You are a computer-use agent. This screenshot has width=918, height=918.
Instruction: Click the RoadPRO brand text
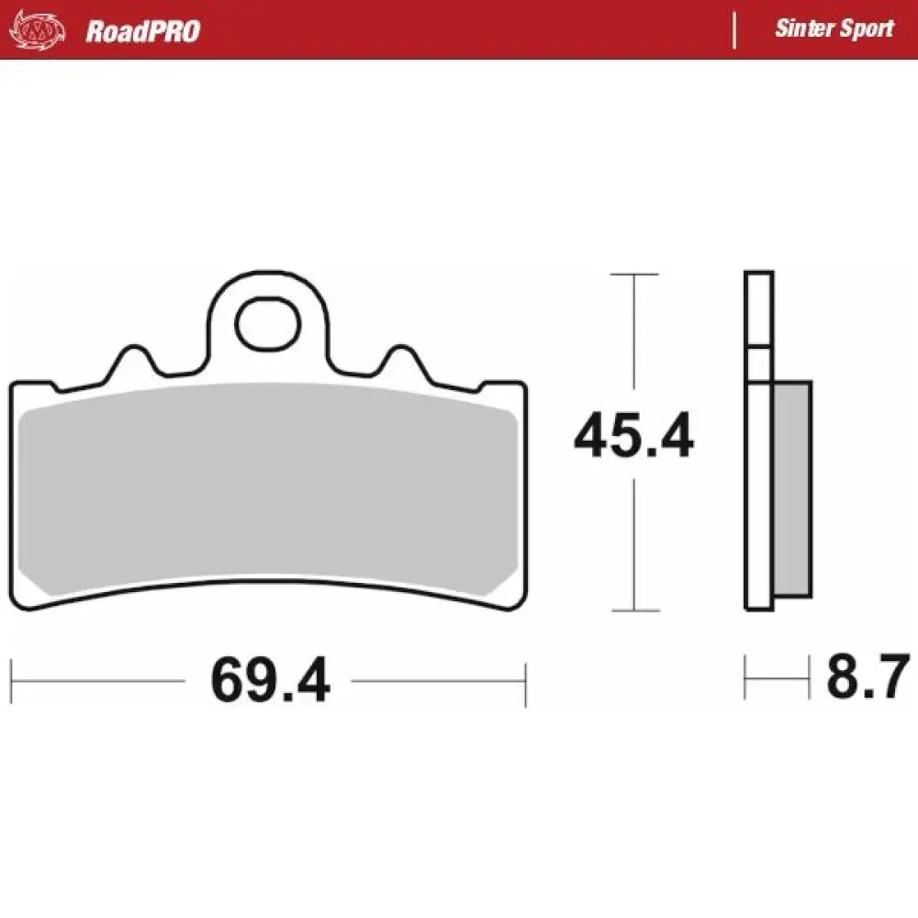(x=142, y=31)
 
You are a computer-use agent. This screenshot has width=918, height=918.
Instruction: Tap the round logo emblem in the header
(x=38, y=30)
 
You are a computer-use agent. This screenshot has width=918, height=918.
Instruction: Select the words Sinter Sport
(x=834, y=28)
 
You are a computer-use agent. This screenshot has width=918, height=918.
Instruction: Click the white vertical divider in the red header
(x=733, y=30)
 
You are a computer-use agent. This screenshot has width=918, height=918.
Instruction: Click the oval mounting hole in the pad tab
(x=267, y=321)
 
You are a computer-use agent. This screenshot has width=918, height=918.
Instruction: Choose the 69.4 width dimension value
(x=269, y=681)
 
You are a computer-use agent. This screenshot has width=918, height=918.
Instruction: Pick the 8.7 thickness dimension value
(x=868, y=677)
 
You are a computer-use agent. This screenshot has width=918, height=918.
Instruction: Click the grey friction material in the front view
(x=266, y=491)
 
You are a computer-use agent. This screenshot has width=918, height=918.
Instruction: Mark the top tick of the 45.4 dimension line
(x=634, y=274)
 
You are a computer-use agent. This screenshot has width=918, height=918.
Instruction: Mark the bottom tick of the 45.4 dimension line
(x=634, y=610)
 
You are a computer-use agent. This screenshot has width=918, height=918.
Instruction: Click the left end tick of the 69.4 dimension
(x=11, y=681)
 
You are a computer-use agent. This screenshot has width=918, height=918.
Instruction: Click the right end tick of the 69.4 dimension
(x=526, y=681)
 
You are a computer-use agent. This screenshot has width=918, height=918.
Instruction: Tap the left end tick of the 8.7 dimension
(x=745, y=678)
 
